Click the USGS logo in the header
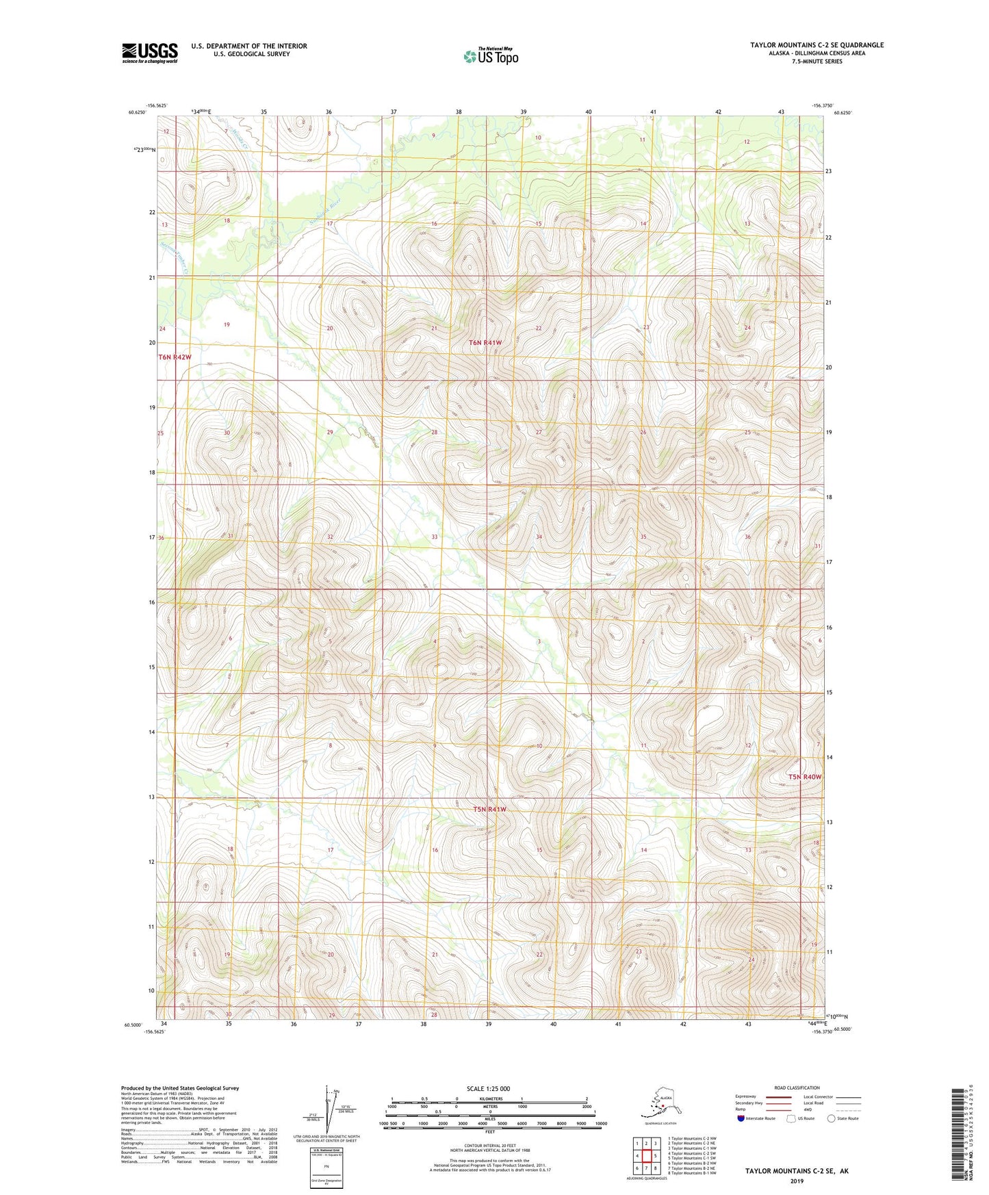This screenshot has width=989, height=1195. point(149,53)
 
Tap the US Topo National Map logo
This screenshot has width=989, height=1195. point(490,55)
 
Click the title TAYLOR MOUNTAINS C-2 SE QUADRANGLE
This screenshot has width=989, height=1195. point(817,45)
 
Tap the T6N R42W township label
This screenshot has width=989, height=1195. point(175,357)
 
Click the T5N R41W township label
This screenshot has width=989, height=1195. point(490,809)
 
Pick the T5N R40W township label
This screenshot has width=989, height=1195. point(804,777)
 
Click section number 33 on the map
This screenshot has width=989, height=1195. point(434,537)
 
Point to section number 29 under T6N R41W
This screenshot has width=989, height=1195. point(330,433)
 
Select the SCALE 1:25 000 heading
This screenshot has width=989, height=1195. point(488,1088)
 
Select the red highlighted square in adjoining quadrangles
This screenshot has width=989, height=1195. point(645,1157)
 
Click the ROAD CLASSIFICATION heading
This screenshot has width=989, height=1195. point(797,1088)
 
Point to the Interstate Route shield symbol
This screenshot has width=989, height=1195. point(741,1118)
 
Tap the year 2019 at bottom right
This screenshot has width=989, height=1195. point(796,1181)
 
